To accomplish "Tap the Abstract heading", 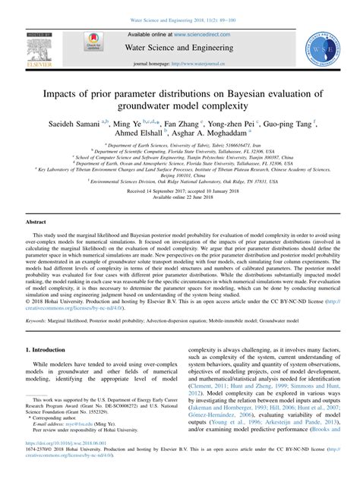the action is coord(36,222).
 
